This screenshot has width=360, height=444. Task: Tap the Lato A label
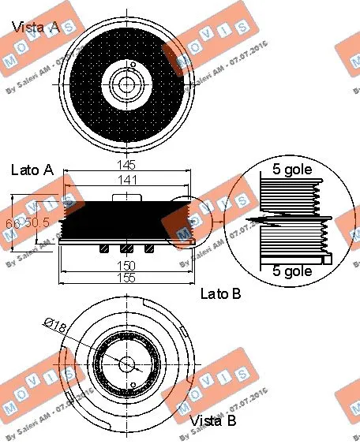(32, 170)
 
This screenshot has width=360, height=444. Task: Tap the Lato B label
(221, 294)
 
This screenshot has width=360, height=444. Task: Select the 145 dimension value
(126, 165)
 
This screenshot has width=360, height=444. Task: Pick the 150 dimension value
(125, 266)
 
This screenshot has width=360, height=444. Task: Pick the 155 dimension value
(125, 278)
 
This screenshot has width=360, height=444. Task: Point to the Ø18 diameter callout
(58, 323)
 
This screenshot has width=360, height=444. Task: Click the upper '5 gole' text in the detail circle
(291, 168)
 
